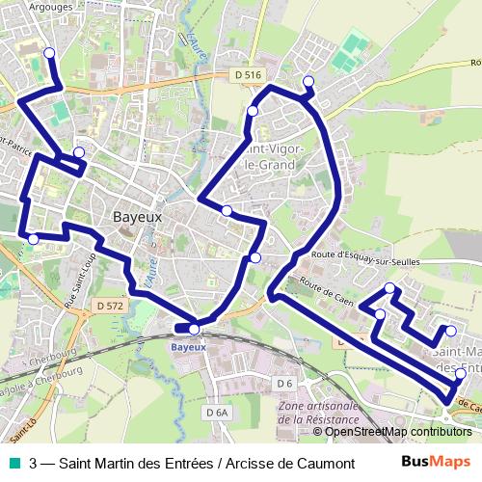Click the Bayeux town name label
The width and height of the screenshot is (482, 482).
click(138, 217)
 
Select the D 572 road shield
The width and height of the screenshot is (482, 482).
click(112, 305)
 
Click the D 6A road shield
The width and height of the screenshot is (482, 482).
click(219, 413)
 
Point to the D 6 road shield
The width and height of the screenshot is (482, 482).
click(282, 384)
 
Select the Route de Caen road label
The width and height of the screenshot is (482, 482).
click(323, 289)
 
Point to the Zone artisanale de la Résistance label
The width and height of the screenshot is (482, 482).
click(317, 414)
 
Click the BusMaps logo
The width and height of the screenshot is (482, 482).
click(437, 462)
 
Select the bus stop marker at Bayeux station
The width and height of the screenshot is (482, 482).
click(195, 329)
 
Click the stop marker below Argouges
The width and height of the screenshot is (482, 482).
click(49, 54)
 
